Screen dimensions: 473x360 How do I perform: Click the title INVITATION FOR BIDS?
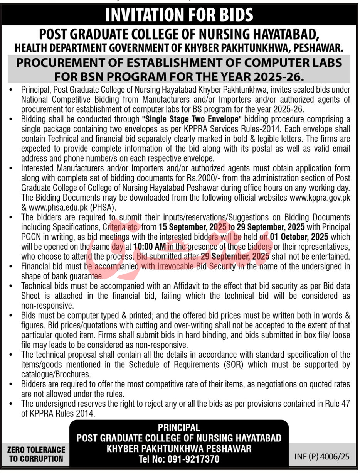tap(180, 15)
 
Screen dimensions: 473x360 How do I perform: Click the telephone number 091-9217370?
tap(193, 459)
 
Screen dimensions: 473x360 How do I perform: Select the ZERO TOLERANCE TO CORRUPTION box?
tap(37, 454)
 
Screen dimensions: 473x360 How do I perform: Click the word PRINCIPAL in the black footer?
tap(179, 427)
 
